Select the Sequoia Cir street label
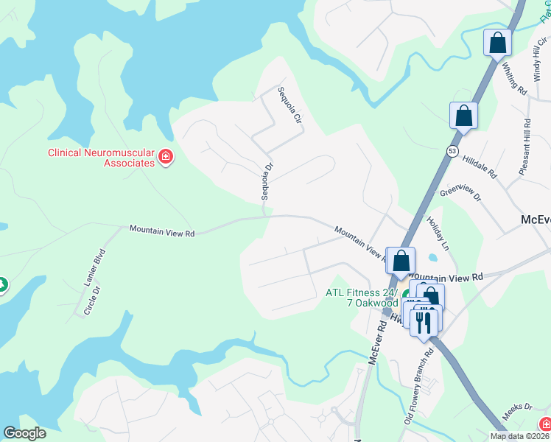289,106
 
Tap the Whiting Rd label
515,78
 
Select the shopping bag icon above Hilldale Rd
463,116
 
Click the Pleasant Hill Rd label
524,147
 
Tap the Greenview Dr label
460,194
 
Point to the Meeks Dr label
517,407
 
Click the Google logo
25,432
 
